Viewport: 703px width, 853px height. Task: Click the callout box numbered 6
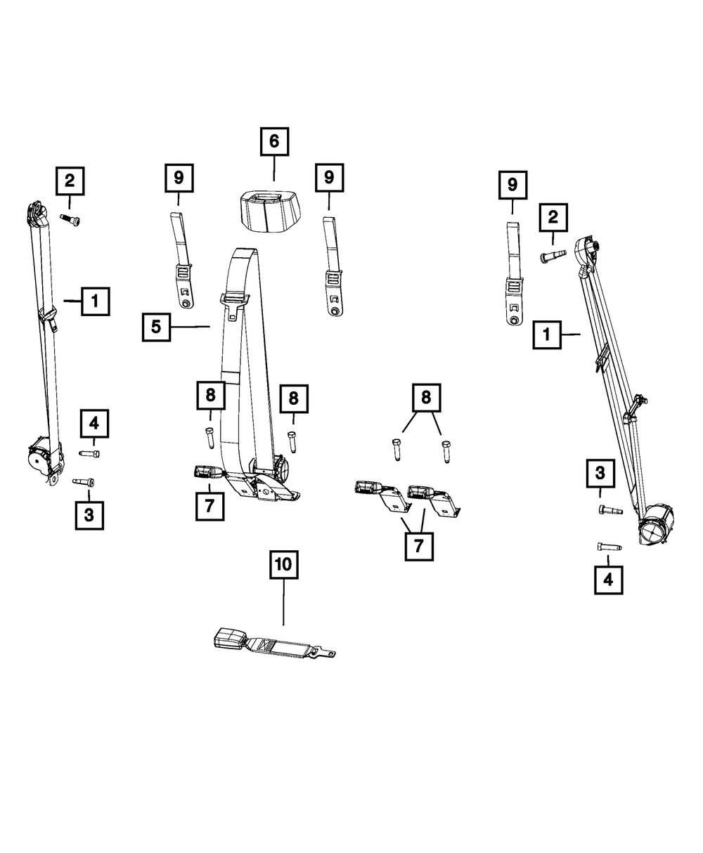[x=273, y=142]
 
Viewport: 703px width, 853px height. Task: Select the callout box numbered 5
[x=156, y=327]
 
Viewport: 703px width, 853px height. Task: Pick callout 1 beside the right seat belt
[x=546, y=335]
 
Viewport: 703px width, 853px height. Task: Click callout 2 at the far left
[x=70, y=181]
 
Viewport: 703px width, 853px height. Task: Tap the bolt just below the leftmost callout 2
[x=70, y=220]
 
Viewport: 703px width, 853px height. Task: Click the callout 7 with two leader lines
[x=419, y=545]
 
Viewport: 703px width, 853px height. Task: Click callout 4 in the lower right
[x=608, y=580]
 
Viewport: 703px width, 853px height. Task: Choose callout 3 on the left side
[x=89, y=515]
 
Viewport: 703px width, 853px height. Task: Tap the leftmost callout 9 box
[x=179, y=178]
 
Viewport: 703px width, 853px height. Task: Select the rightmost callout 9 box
[x=512, y=185]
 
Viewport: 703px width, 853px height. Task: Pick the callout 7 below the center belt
[x=209, y=506]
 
